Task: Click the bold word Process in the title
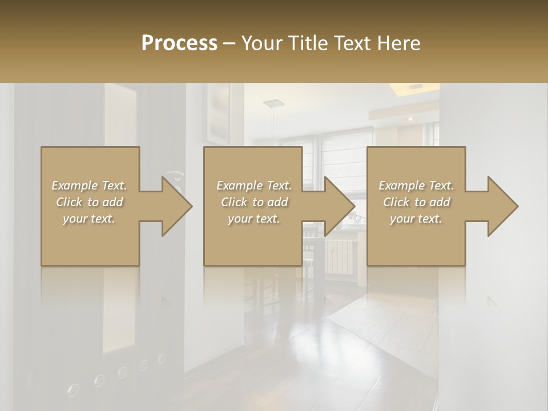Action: pyautogui.click(x=179, y=43)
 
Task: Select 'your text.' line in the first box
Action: pyautogui.click(x=89, y=219)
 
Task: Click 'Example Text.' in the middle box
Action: pyautogui.click(x=254, y=186)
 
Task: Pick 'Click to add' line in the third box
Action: pyautogui.click(x=417, y=202)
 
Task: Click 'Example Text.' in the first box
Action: pyautogui.click(x=89, y=186)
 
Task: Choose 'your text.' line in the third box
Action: pyautogui.click(x=416, y=219)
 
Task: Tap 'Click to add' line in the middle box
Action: pyautogui.click(x=254, y=202)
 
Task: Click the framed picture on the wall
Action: pyautogui.click(x=217, y=114)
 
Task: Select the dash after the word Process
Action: pyautogui.click(x=229, y=43)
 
